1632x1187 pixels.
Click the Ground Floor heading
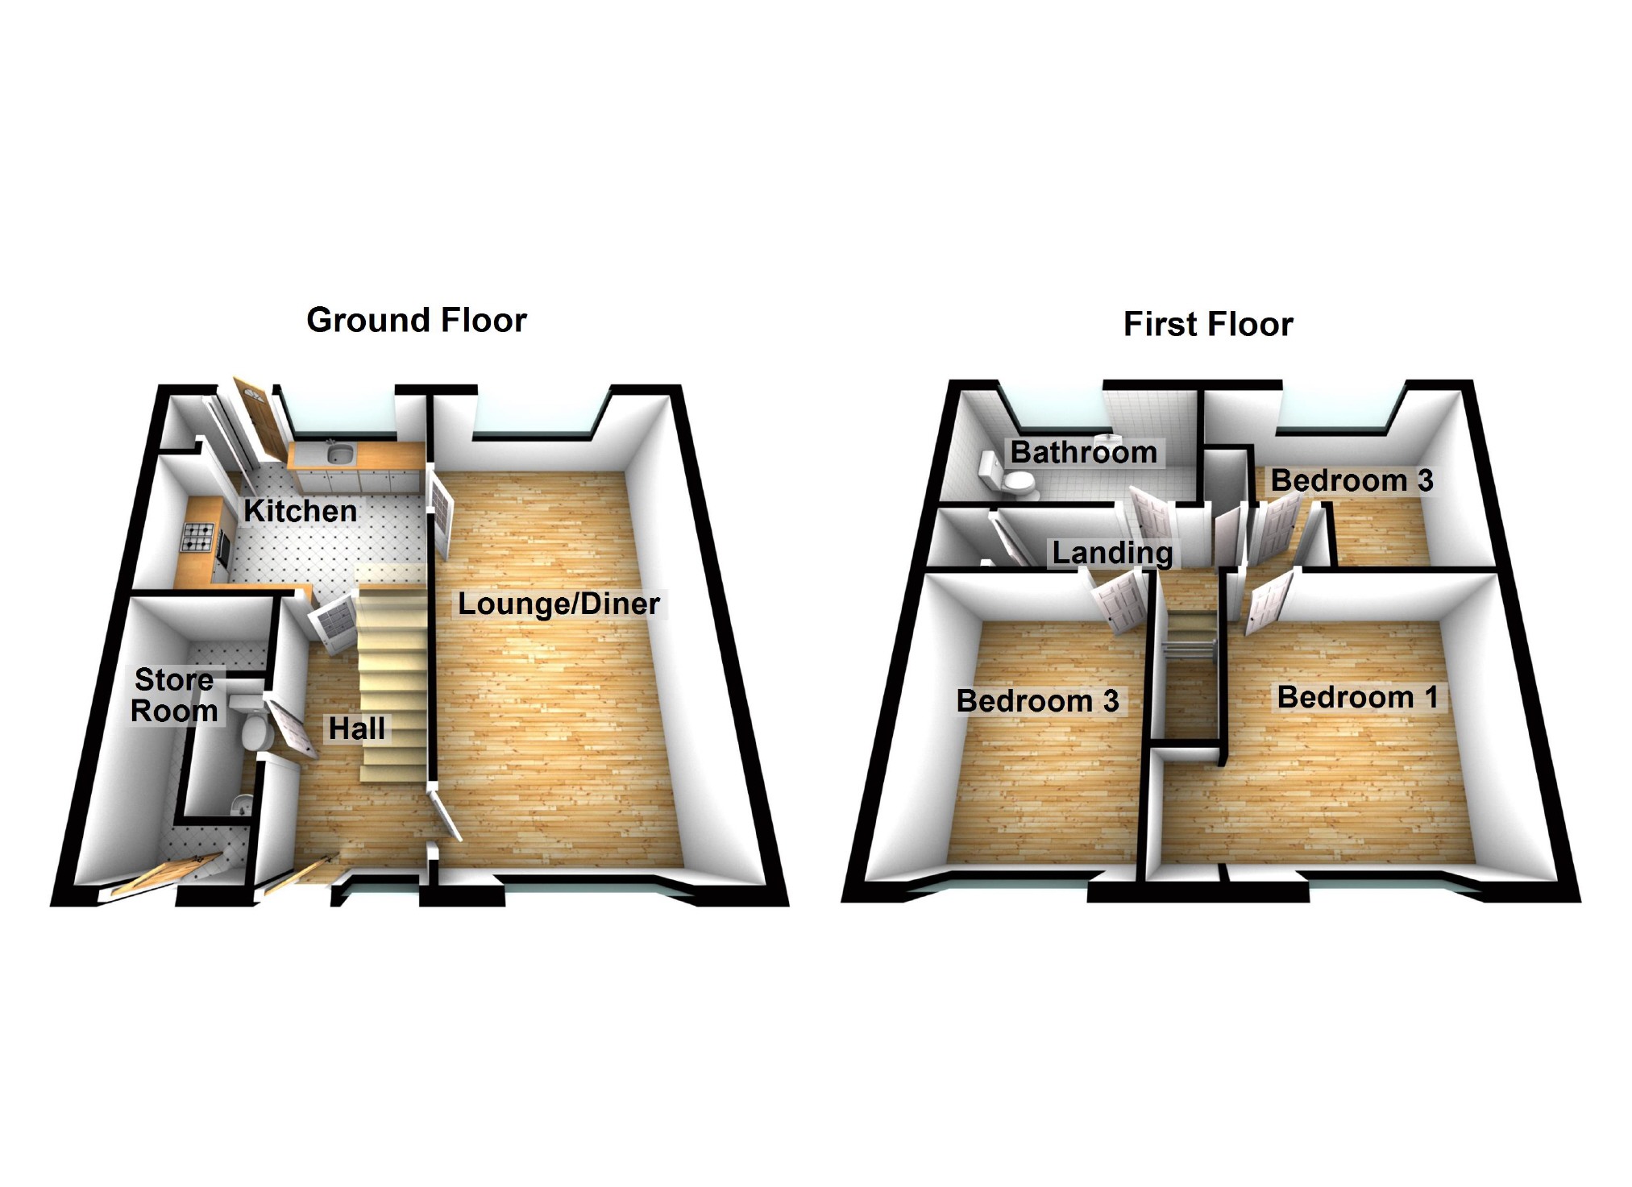click(x=417, y=321)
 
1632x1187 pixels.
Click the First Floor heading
click(x=1207, y=325)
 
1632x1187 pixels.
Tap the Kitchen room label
click(x=300, y=511)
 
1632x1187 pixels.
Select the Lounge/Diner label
click(x=559, y=604)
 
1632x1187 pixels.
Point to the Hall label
click(x=356, y=728)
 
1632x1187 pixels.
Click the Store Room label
click(x=174, y=695)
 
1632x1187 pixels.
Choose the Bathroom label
click(x=1083, y=453)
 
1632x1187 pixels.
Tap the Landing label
click(x=1112, y=553)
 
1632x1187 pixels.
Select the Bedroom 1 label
click(x=1357, y=697)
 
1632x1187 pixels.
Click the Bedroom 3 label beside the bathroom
click(x=1352, y=481)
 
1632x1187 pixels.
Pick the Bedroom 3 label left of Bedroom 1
click(x=1037, y=701)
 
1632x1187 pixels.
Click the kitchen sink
click(x=338, y=455)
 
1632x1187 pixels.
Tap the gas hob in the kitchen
click(x=198, y=537)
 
